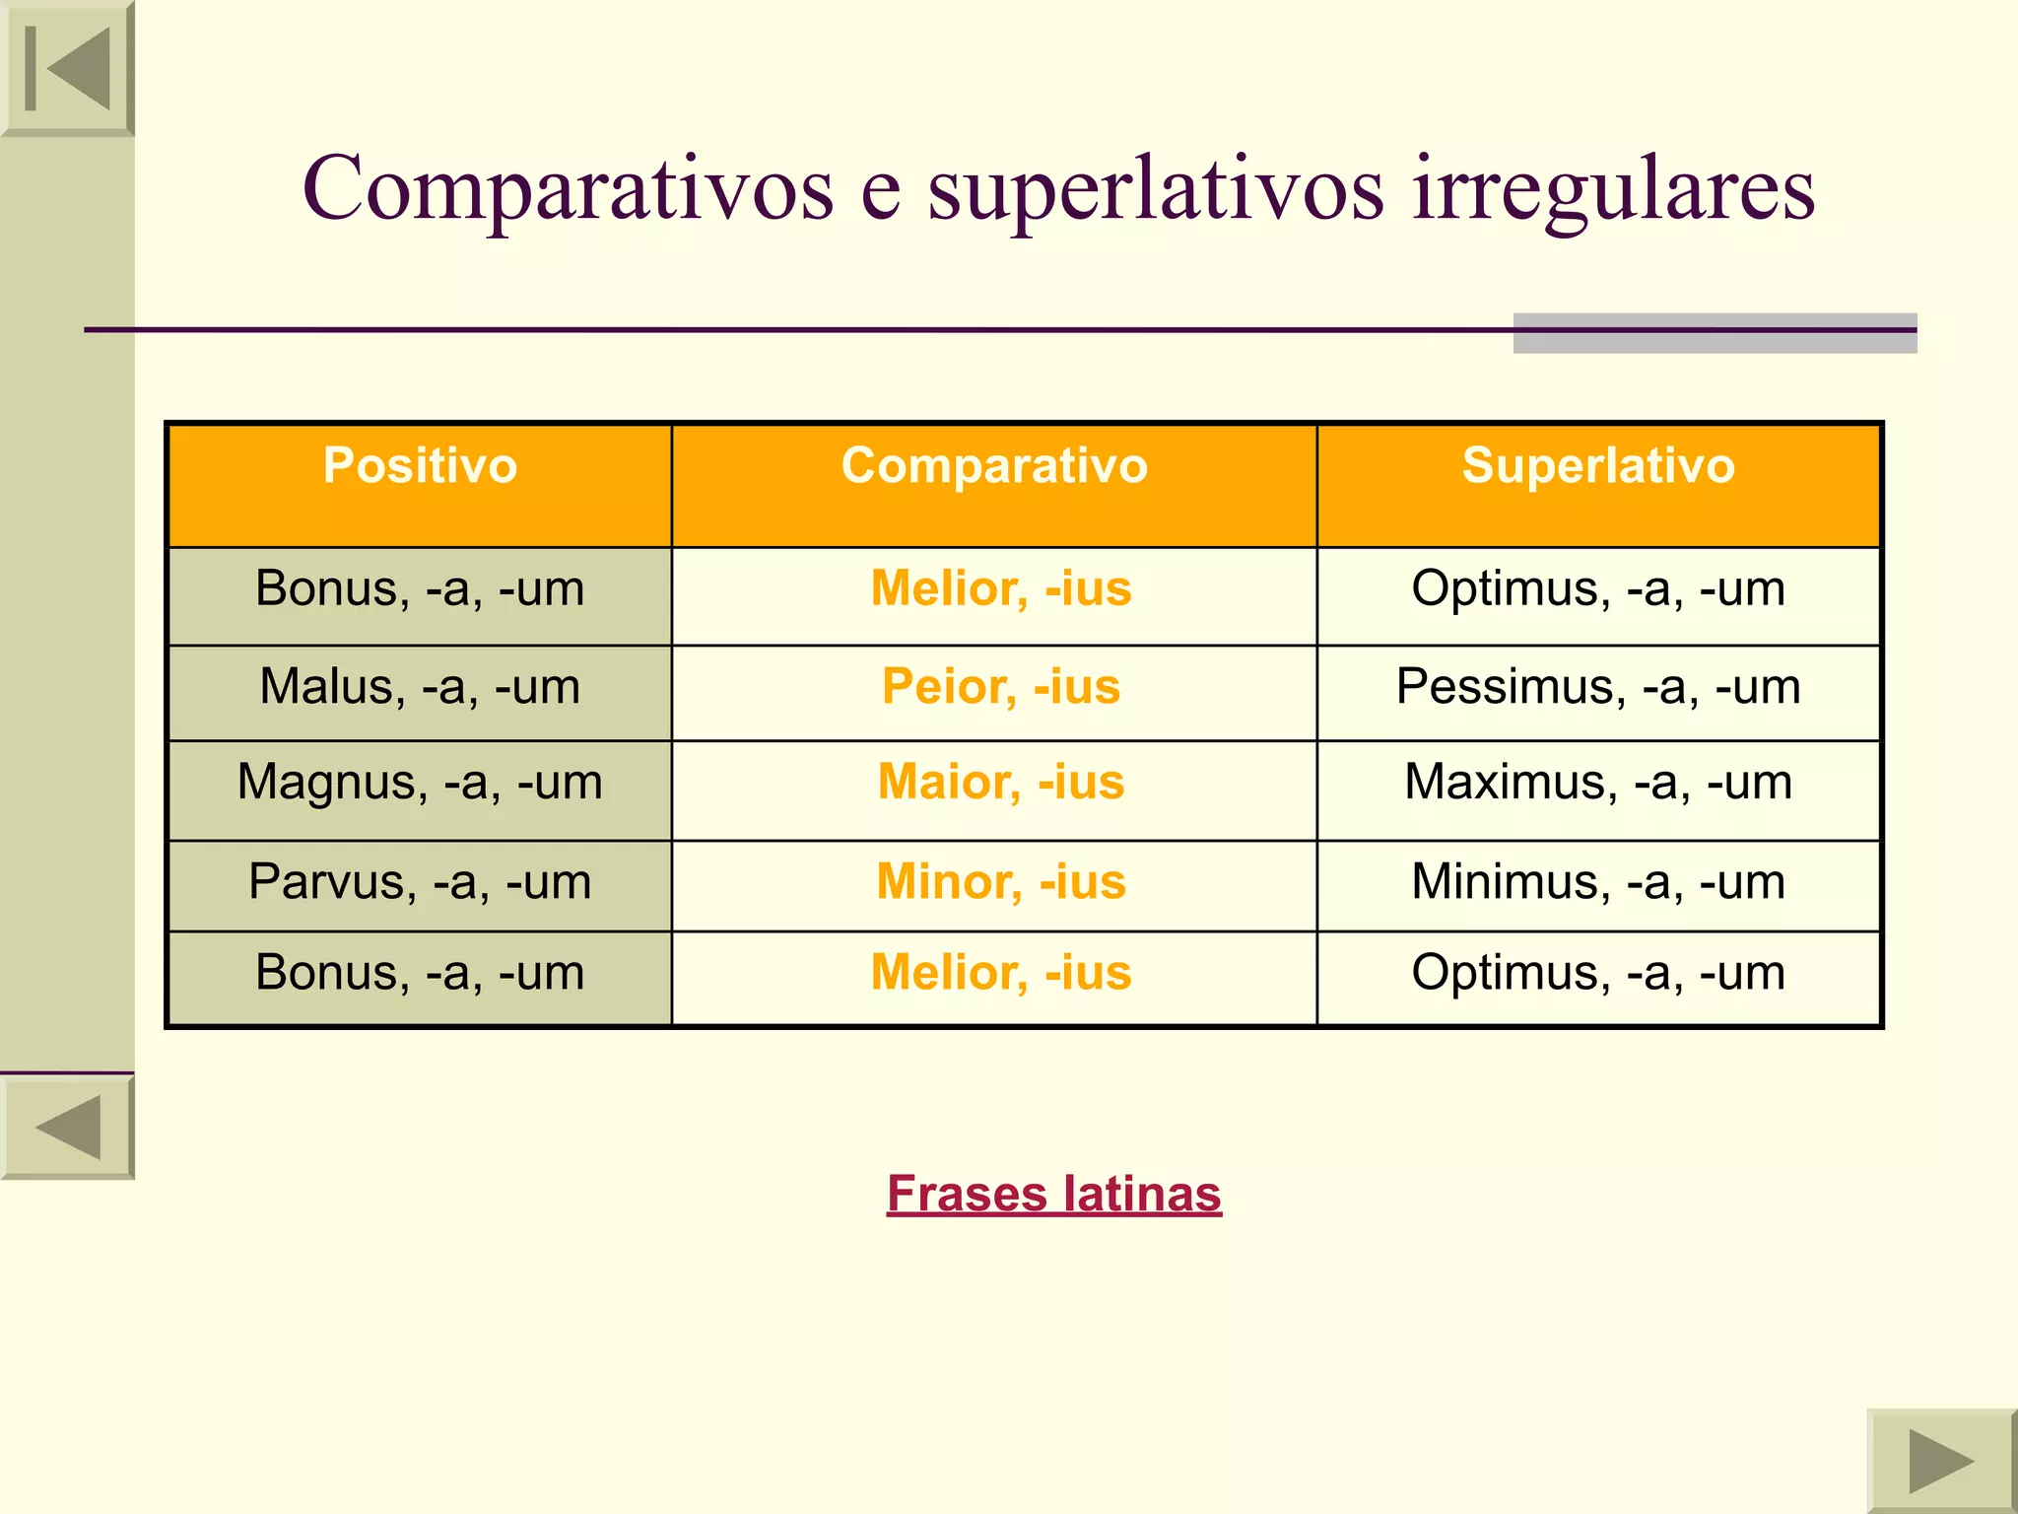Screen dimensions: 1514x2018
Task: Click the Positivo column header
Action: (420, 465)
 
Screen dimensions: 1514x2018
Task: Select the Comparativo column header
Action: (994, 465)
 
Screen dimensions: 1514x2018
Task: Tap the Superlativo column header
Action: (1598, 465)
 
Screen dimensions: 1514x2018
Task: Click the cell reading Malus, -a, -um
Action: (420, 687)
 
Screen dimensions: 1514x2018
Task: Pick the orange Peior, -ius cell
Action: (1001, 687)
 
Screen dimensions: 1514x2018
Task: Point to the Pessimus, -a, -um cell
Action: (1598, 687)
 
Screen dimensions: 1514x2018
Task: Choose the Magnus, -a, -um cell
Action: (420, 783)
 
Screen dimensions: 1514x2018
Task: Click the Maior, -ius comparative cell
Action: (1001, 783)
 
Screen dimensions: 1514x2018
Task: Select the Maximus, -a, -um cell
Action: (1598, 783)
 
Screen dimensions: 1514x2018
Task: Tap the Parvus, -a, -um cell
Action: (420, 882)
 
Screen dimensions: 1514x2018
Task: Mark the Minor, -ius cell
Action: (1001, 882)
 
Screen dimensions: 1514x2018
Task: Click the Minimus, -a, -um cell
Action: (1598, 882)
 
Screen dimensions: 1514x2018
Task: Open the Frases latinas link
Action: (1053, 1195)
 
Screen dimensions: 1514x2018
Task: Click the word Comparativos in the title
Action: (568, 189)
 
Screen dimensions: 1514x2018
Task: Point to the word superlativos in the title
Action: (1156, 189)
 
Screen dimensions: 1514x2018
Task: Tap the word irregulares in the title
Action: (1613, 189)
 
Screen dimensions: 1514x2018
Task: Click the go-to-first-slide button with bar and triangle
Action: (67, 68)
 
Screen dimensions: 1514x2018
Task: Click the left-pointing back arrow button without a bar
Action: (67, 1128)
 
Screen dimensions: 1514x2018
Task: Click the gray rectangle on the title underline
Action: (1715, 333)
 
